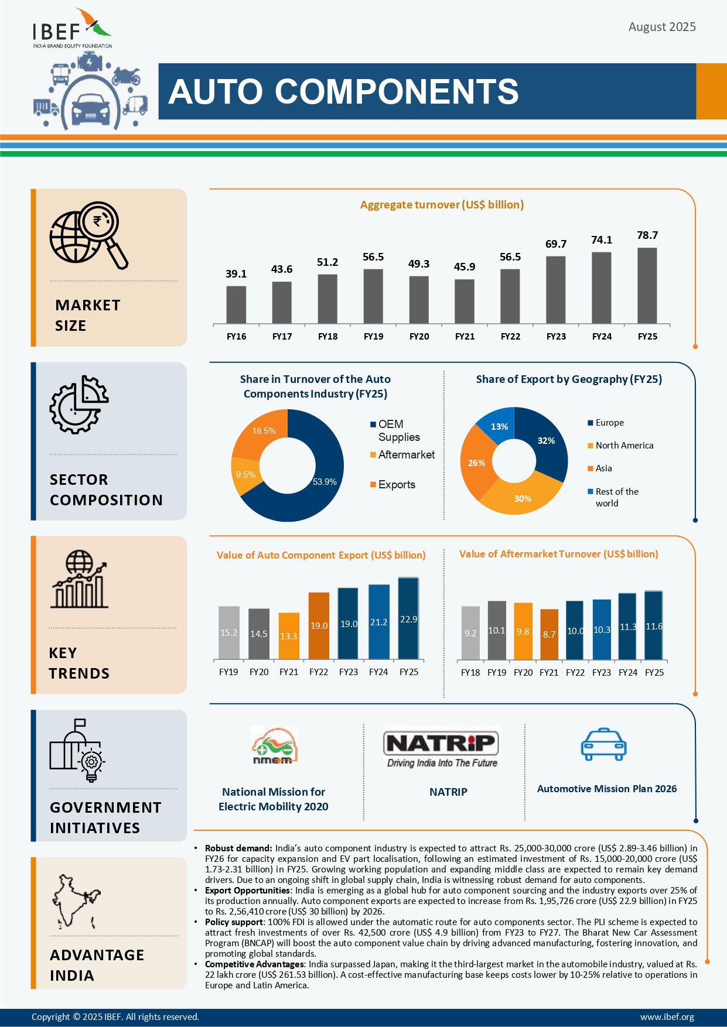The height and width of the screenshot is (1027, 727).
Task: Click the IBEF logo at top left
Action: point(72,29)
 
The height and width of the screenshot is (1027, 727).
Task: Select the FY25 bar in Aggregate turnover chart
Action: point(647,285)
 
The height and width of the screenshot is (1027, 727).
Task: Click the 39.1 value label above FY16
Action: point(236,274)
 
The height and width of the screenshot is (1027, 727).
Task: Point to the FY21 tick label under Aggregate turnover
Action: point(465,337)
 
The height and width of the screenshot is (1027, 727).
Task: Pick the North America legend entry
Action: point(624,446)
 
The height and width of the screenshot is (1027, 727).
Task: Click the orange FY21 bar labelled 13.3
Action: point(289,635)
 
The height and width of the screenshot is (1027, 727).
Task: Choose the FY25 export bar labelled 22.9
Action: point(408,618)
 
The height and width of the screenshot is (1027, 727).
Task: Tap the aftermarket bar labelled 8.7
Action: point(549,634)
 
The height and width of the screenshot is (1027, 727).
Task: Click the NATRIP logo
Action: point(442,748)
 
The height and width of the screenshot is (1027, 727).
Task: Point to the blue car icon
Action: point(603,745)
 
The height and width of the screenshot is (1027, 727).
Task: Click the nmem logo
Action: point(274,745)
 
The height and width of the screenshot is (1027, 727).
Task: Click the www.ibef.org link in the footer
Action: point(667,1017)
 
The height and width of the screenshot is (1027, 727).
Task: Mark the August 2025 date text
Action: point(662,27)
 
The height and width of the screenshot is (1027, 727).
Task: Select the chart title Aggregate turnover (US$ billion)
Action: point(442,205)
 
